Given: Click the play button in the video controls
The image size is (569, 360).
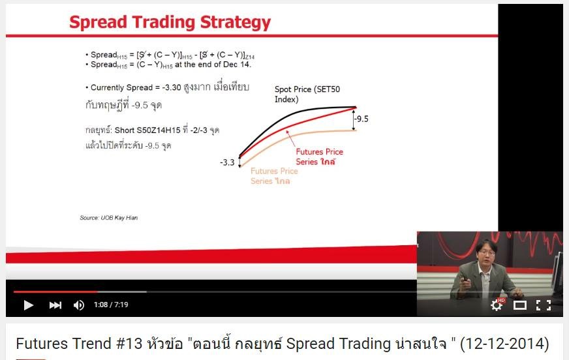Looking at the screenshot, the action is point(28,305).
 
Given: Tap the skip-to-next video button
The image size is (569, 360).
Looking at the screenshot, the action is point(55,305).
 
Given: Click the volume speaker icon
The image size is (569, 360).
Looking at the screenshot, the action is point(79,305).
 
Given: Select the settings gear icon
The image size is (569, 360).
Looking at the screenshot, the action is point(497,305).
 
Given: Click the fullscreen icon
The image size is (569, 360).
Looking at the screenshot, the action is point(544,305).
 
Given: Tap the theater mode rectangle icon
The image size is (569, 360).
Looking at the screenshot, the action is point(519,305).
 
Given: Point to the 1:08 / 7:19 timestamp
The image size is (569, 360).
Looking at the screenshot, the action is point(111,305).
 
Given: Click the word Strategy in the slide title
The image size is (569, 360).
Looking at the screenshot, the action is point(235,22).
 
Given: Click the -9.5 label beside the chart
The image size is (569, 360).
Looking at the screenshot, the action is point(361,119).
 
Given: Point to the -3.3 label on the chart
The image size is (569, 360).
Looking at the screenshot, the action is point(227,162).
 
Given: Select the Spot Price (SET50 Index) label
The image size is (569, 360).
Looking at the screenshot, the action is point(307,95).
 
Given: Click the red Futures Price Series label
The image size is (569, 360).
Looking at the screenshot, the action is point(319,157).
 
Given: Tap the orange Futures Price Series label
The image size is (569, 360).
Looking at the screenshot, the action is point(274,176).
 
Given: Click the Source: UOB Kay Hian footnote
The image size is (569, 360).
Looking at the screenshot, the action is point(109,218).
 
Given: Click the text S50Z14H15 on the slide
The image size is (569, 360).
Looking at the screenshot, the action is point(158,130).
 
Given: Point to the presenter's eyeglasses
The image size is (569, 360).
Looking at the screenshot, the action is point(487,252).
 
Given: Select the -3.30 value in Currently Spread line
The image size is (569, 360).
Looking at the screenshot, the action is point(171,87).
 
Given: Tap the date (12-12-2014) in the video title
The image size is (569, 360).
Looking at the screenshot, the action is point(504,344).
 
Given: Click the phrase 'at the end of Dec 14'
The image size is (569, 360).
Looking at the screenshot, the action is point(212,65).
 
